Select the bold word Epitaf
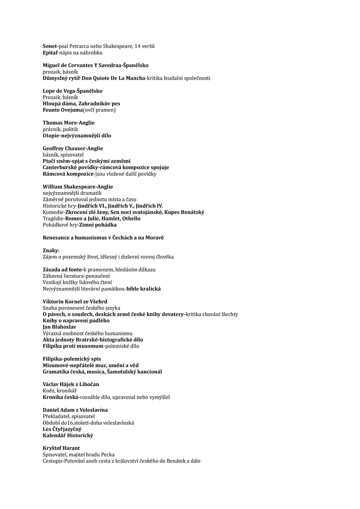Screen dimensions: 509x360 [50, 53]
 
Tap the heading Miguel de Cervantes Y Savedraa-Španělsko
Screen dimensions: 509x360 [95, 65]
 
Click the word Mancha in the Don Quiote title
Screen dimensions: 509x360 [135, 78]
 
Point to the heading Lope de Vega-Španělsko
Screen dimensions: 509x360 [72, 91]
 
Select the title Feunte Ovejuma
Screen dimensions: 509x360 [62, 110]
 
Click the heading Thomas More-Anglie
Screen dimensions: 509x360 [68, 123]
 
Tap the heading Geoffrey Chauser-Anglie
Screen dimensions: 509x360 [73, 148]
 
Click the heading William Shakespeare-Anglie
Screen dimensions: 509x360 [78, 187]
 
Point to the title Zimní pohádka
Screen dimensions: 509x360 [98, 225]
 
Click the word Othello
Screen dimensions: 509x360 [131, 219]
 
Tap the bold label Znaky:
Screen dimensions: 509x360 [51, 250]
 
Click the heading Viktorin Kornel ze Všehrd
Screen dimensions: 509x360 [75, 302]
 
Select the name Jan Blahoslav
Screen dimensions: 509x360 [59, 327]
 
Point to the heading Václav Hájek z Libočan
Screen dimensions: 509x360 [71, 384]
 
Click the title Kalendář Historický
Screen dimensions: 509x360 [68, 435]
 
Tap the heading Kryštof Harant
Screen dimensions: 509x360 [61, 448]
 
